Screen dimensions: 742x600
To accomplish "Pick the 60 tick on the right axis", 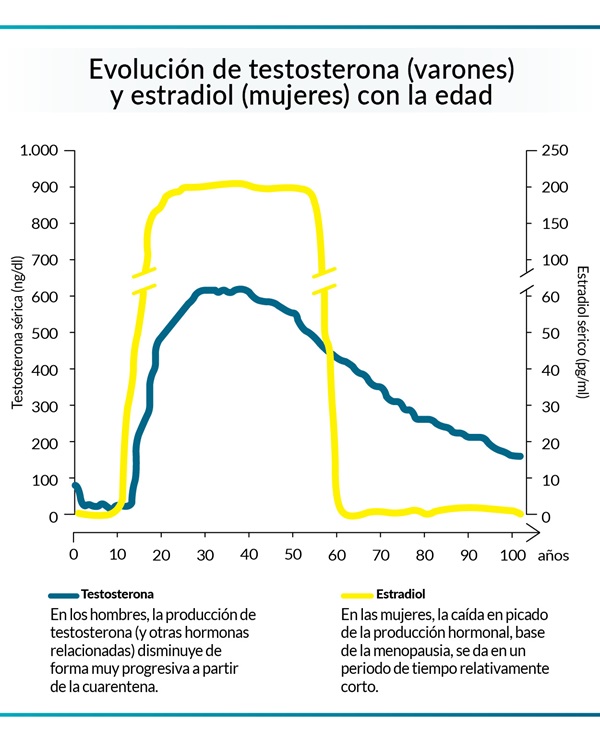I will (x=551, y=296).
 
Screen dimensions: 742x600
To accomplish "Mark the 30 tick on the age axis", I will (x=205, y=554).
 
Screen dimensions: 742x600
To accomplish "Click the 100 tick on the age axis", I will (x=512, y=554).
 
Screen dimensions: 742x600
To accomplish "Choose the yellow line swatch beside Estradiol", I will (x=357, y=593).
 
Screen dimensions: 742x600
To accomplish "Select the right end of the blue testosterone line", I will (x=520, y=456).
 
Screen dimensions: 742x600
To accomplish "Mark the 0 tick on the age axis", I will (x=73, y=554).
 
